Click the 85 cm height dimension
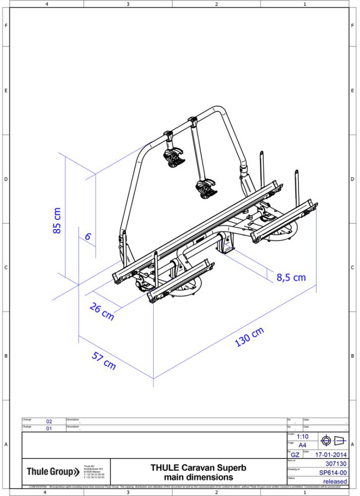[x=58, y=220]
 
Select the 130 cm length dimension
[x=250, y=338]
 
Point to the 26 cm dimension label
[x=102, y=312]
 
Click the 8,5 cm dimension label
[x=291, y=277]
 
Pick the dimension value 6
[x=88, y=237]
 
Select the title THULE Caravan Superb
[x=198, y=468]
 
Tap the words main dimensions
[x=198, y=477]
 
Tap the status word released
[x=335, y=482]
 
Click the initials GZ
[x=295, y=455]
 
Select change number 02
[x=49, y=422]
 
